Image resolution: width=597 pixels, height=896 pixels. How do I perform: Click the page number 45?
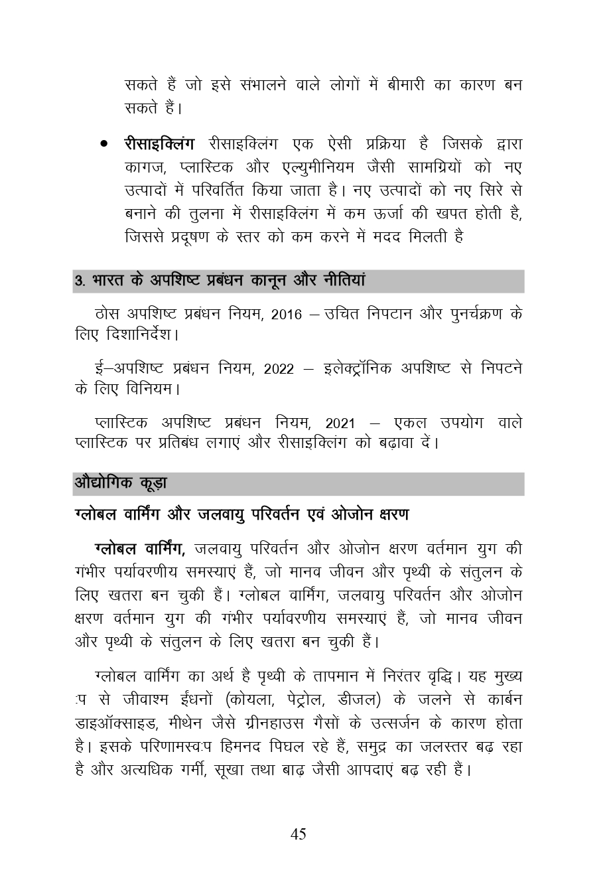click(298, 834)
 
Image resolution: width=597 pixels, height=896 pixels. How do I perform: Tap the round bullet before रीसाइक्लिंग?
click(103, 144)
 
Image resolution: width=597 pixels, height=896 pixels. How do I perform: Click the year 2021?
click(340, 423)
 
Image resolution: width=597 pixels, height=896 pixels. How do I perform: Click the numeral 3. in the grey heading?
click(80, 281)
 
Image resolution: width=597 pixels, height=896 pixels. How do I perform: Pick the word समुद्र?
click(365, 747)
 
